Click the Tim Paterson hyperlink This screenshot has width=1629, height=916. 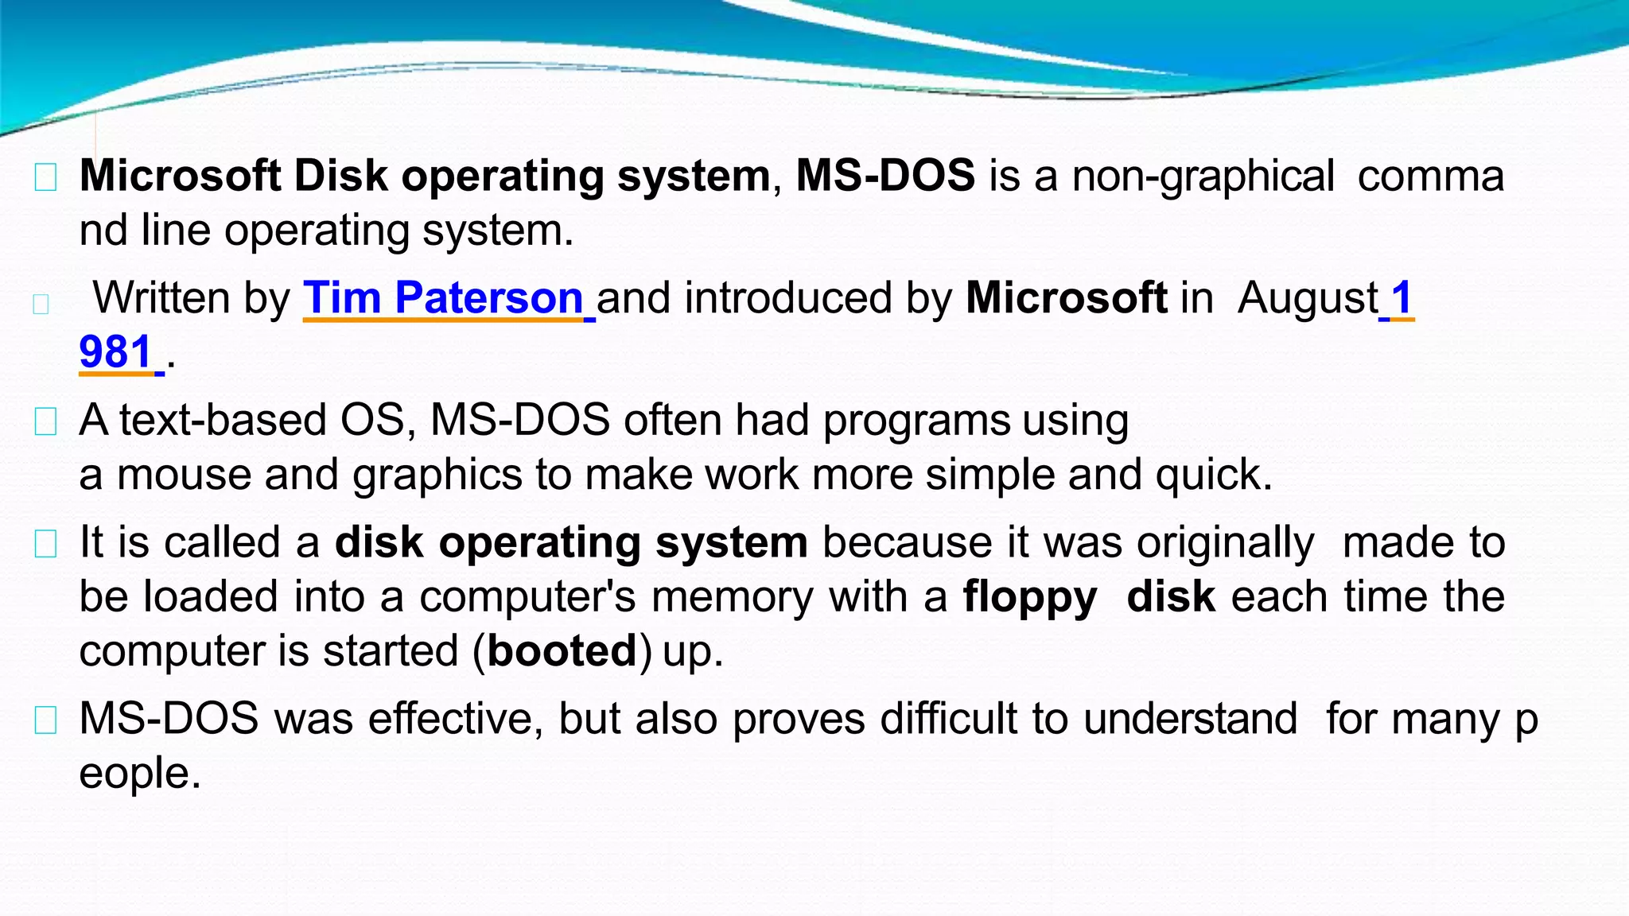tap(444, 298)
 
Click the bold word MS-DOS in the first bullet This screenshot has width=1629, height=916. tap(884, 176)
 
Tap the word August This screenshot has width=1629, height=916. tap(1308, 298)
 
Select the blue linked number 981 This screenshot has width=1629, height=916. tap(116, 352)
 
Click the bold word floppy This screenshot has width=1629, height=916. tap(1030, 597)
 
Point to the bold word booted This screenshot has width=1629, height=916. tap(562, 651)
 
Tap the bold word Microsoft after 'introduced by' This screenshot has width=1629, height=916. tap(1066, 298)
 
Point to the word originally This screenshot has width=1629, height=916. tap(1225, 544)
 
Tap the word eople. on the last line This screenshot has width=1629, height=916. tap(140, 774)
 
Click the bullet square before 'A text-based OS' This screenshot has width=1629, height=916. tap(45, 421)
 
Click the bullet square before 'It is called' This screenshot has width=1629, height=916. tap(45, 544)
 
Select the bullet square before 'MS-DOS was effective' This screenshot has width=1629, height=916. tap(45, 720)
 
